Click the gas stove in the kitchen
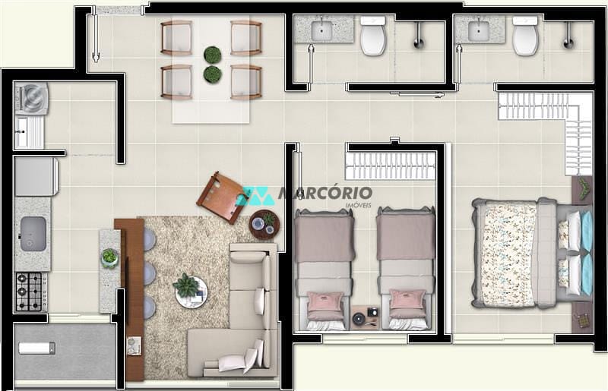click(x=30, y=292)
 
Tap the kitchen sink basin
click(x=33, y=232)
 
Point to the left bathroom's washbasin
click(x=322, y=30)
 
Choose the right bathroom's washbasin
click(x=479, y=30)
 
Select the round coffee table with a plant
click(x=191, y=291)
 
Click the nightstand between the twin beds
click(x=366, y=317)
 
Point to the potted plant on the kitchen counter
click(x=110, y=257)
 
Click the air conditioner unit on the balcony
click(x=36, y=348)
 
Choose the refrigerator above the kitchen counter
click(x=35, y=176)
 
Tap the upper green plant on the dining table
click(x=213, y=55)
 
